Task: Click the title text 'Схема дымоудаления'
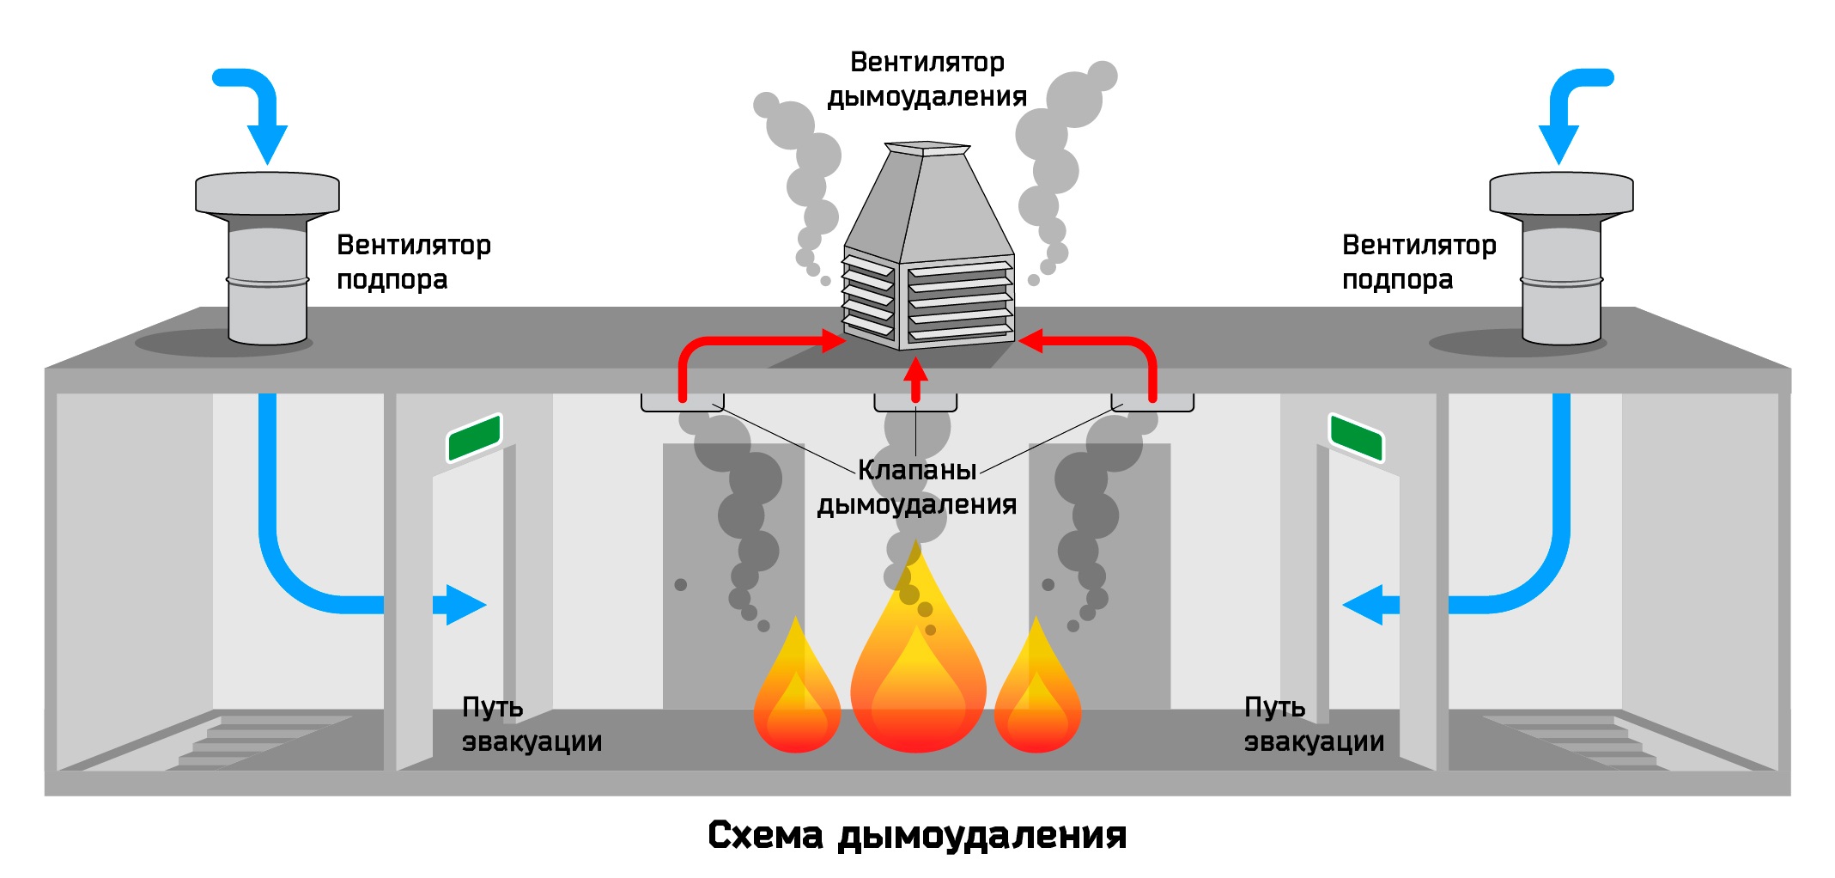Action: tap(917, 835)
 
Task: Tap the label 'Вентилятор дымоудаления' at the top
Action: tap(927, 79)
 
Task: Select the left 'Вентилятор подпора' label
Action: tap(414, 262)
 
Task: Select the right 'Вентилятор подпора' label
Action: tap(1419, 262)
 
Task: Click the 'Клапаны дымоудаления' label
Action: tap(917, 487)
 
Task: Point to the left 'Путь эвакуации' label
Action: tap(532, 723)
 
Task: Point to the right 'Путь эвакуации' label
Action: tap(1315, 723)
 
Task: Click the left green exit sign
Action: tap(474, 437)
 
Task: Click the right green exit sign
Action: tap(1356, 437)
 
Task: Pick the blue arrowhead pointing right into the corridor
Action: tap(465, 605)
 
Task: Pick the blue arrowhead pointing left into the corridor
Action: tap(1363, 605)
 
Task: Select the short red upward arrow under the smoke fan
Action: tap(916, 379)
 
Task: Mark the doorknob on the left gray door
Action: tap(681, 585)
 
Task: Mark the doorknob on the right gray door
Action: tap(1048, 585)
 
